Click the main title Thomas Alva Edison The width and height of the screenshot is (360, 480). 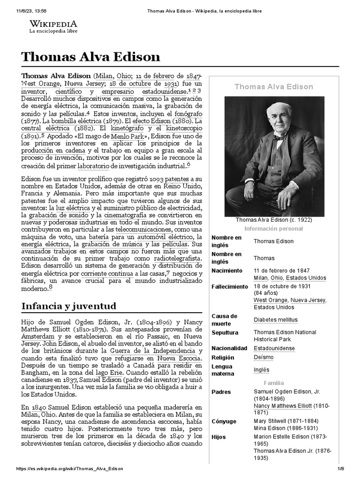(x=90, y=57)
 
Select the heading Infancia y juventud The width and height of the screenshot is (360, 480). (x=69, y=306)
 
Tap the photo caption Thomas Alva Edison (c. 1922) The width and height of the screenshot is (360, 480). (x=274, y=219)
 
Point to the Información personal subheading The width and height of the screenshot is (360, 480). (x=274, y=229)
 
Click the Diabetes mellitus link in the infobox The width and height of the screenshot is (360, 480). (x=275, y=320)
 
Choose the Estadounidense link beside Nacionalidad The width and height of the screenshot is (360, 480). (x=274, y=348)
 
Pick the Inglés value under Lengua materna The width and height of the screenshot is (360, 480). (x=262, y=370)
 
